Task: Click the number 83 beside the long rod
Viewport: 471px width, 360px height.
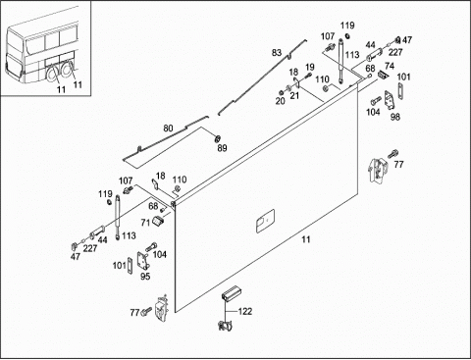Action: [x=277, y=52]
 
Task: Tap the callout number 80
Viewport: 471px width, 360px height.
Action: [x=168, y=129]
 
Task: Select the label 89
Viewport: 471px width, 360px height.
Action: [x=222, y=148]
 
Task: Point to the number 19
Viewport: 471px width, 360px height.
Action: [x=310, y=68]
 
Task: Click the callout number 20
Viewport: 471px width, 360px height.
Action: [x=281, y=101]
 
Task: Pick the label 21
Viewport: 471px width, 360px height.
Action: [x=294, y=96]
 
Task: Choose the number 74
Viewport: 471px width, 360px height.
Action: [x=390, y=67]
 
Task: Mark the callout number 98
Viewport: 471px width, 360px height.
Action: [x=395, y=117]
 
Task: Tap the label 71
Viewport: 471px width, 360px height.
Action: [x=145, y=223]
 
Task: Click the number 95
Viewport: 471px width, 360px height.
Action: [x=145, y=277]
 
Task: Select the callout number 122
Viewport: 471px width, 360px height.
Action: [x=245, y=311]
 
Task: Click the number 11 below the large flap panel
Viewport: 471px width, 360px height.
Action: [x=305, y=239]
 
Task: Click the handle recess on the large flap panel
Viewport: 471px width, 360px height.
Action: [x=265, y=221]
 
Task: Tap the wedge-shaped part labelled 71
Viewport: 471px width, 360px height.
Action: [x=158, y=222]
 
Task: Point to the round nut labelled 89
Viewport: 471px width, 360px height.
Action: [x=217, y=138]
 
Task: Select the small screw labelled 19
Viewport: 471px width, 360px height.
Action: [x=308, y=76]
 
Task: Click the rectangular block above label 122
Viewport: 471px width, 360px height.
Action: [x=232, y=292]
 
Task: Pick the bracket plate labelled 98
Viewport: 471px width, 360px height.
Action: [x=390, y=100]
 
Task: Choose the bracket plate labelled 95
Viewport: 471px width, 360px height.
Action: [x=142, y=261]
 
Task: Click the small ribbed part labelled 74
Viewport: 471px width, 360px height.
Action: [x=383, y=75]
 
